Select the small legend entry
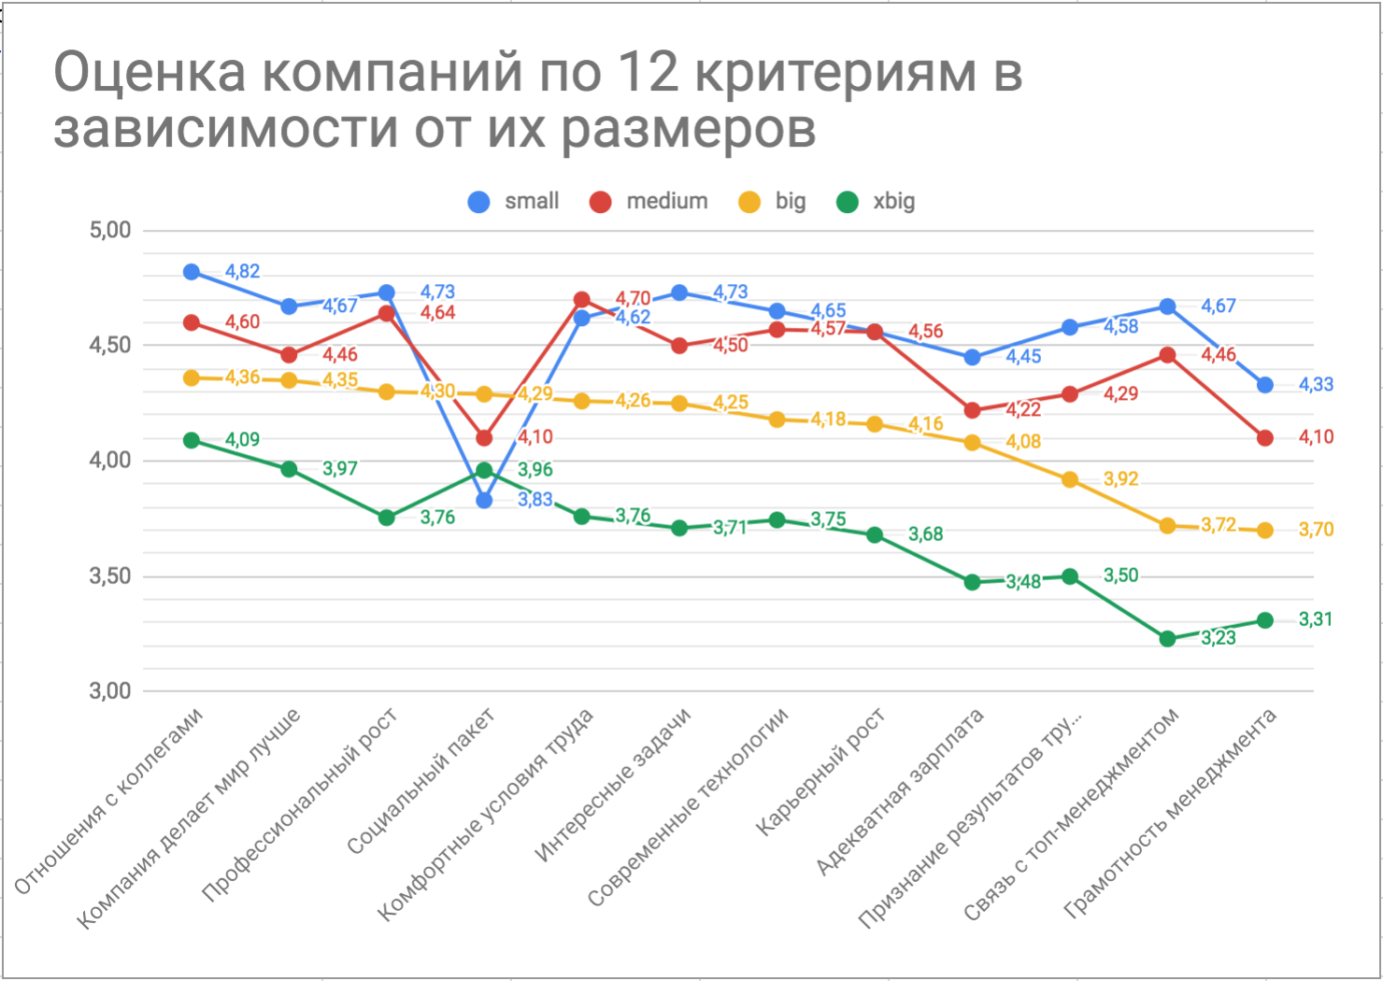point(513,201)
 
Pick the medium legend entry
point(649,201)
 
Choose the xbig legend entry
point(876,201)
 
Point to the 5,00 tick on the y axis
point(110,230)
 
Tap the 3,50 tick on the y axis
point(110,576)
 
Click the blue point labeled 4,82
point(192,272)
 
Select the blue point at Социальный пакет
point(484,500)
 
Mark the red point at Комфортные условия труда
point(581,300)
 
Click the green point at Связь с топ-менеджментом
point(1167,639)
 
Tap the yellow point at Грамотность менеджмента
point(1265,530)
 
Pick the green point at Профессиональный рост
point(387,518)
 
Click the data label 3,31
point(1316,619)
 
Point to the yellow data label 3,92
point(1120,479)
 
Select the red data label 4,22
point(1023,409)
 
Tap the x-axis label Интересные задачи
point(615,785)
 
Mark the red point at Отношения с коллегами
point(192,322)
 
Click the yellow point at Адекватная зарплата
point(972,443)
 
